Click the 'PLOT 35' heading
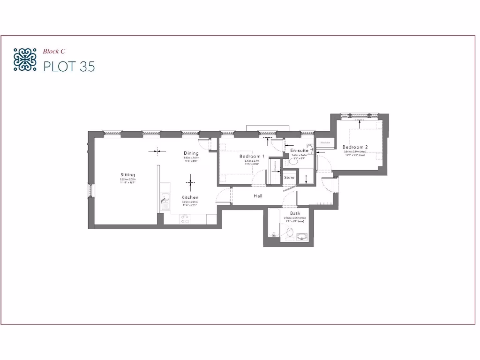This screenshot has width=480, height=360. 69,67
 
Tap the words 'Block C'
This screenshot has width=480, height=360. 54,51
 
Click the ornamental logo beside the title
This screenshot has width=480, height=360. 25,59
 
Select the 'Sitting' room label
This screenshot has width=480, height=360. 127,174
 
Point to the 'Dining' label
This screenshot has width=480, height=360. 191,153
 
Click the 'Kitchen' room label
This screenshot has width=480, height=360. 190,197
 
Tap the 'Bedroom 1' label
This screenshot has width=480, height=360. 252,156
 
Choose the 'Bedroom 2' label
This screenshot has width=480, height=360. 355,147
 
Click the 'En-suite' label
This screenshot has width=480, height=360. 300,150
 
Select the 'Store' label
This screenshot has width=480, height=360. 289,178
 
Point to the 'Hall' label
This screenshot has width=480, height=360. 258,196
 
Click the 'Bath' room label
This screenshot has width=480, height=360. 295,213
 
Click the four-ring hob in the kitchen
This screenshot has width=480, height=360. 185,218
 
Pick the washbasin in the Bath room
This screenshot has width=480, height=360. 302,237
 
